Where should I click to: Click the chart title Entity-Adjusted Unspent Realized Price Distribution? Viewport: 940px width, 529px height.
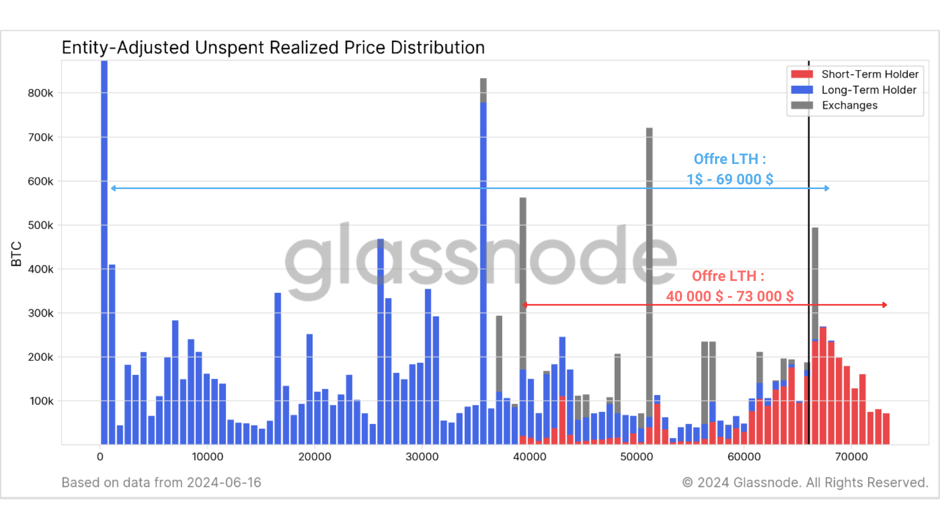click(273, 48)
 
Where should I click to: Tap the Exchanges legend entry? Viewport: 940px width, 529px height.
click(849, 105)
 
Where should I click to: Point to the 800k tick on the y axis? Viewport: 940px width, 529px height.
click(40, 93)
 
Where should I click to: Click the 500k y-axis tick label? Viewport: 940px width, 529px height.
click(40, 225)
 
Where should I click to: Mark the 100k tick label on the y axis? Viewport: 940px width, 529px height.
click(41, 401)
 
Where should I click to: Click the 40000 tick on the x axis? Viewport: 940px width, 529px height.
click(530, 457)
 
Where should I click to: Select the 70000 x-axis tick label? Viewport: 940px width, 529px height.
click(851, 457)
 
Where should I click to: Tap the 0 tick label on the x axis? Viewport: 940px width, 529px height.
click(100, 457)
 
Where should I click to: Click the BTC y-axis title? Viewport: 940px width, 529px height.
click(16, 254)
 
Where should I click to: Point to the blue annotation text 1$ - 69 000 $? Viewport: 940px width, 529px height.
click(730, 180)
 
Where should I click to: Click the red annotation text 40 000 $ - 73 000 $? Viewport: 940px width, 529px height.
click(730, 297)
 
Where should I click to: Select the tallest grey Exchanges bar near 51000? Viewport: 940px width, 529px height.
click(649, 261)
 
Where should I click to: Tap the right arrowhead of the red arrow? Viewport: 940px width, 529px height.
click(885, 304)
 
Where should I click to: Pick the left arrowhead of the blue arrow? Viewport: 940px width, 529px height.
click(113, 188)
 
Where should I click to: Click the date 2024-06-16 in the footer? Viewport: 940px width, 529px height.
click(224, 483)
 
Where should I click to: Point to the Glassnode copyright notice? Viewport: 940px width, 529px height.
click(805, 483)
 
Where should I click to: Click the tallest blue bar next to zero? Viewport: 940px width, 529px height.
click(104, 251)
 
